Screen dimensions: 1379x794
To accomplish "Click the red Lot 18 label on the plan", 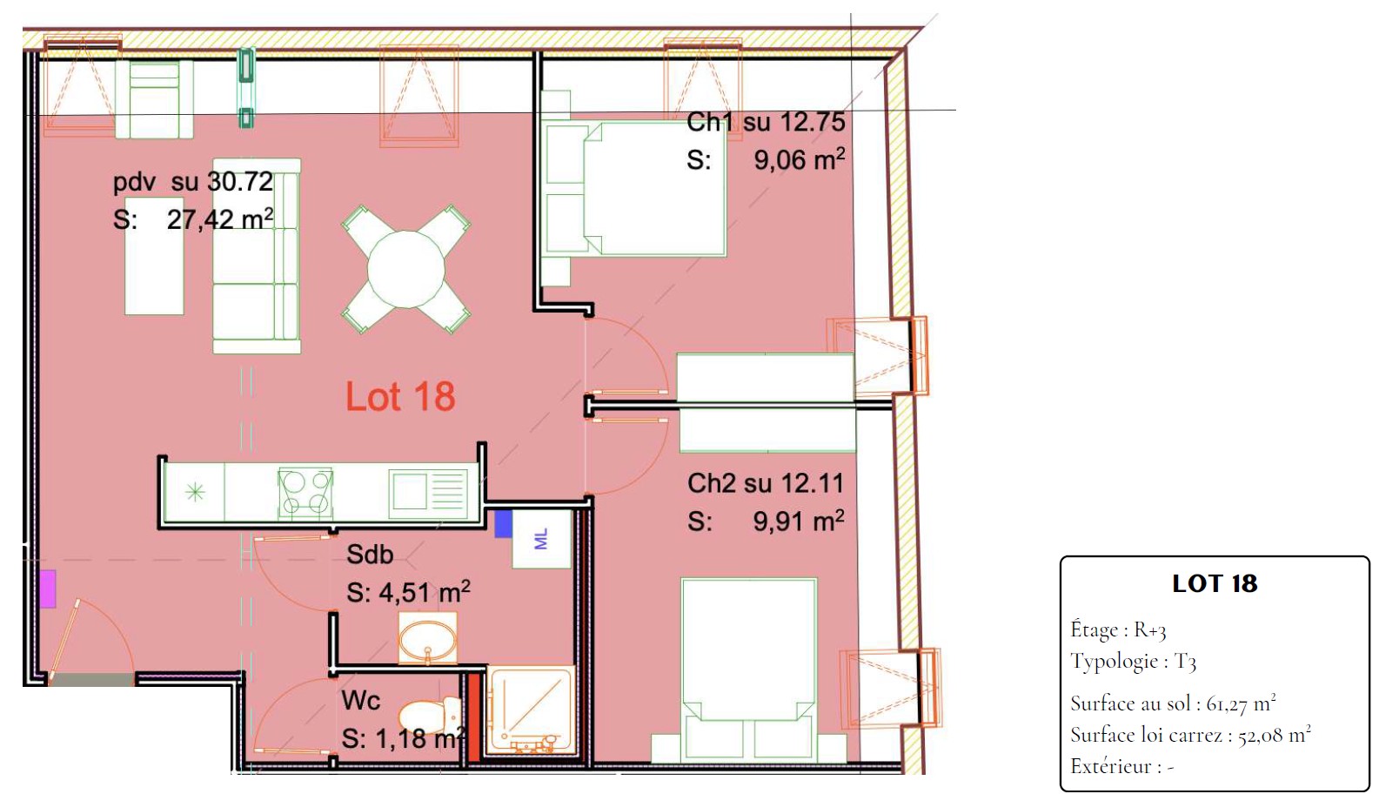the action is [x=400, y=396].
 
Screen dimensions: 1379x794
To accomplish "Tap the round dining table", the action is [x=405, y=269].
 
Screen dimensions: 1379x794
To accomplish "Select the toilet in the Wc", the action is [x=429, y=716].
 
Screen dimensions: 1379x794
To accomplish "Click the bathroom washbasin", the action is [x=428, y=638].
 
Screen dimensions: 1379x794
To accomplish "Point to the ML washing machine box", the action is [x=542, y=538].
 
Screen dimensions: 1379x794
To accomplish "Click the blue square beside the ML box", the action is [x=504, y=523].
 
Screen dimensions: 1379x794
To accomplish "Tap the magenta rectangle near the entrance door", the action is [x=48, y=589].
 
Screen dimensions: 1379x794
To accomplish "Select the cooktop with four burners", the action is [x=305, y=492].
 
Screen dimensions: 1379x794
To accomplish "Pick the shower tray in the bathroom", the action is [x=531, y=710].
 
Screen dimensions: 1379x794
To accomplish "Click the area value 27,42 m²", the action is [x=220, y=219].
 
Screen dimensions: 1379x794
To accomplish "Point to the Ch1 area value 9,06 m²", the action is [x=799, y=159].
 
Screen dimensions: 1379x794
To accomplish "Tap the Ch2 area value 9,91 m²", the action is [x=799, y=521].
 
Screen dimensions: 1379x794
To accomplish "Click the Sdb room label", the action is [x=370, y=555].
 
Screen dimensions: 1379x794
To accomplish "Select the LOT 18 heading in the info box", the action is [x=1215, y=583].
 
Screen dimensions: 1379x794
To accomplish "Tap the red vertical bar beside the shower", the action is [x=473, y=717].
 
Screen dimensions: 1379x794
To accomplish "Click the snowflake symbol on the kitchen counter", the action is [x=195, y=492].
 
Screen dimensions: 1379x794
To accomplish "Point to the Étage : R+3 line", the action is [x=1118, y=629].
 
